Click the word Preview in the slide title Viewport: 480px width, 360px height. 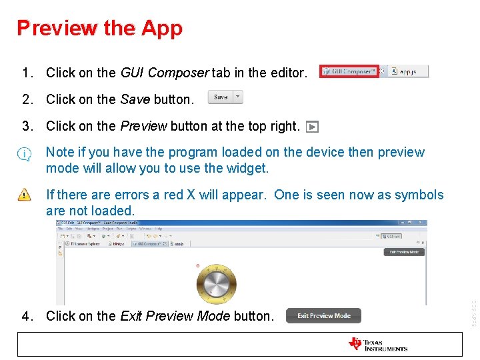[57, 28]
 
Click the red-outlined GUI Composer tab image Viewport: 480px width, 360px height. [349, 71]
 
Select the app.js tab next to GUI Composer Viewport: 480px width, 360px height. [404, 71]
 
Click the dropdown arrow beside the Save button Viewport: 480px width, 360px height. [237, 97]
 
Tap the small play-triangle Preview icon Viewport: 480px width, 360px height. [313, 127]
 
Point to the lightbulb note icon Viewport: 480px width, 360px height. [25, 155]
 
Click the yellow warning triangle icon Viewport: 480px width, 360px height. [25, 195]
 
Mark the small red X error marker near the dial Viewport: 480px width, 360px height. [197, 266]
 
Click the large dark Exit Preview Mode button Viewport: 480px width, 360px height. [323, 315]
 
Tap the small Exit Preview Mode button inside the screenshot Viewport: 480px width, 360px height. [405, 252]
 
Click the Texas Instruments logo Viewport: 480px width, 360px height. [378, 344]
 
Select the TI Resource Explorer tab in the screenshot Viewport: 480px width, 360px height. [83, 244]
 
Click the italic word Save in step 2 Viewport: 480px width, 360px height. [135, 99]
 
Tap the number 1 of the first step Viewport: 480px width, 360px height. [25, 73]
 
